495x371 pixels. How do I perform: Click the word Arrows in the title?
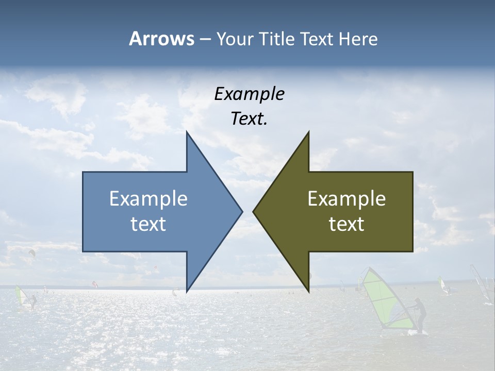click(161, 39)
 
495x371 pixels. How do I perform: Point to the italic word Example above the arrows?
click(249, 94)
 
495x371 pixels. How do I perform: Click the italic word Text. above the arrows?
click(249, 119)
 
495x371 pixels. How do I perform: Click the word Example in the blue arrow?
click(148, 198)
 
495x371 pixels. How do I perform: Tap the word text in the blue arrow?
click(148, 224)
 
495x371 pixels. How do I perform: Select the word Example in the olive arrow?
click(346, 198)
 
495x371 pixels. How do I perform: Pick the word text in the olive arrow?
click(346, 224)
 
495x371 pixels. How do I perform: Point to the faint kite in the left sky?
click(32, 252)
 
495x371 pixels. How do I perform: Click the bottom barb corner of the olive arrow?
click(308, 290)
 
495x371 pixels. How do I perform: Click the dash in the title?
click(204, 39)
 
